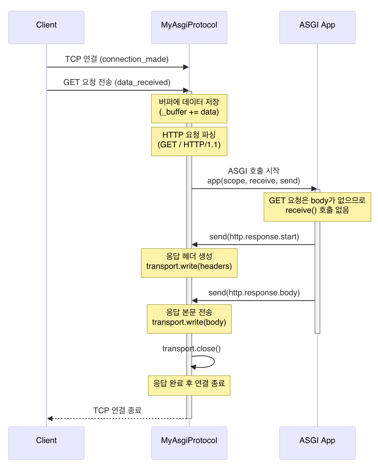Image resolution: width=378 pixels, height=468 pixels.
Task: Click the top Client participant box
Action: pyautogui.click(x=46, y=27)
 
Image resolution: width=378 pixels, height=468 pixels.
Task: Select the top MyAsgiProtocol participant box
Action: pyautogui.click(x=189, y=27)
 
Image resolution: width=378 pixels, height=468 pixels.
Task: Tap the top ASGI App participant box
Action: pyautogui.click(x=317, y=27)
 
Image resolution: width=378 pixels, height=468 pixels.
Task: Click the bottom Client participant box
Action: pyautogui.click(x=46, y=443)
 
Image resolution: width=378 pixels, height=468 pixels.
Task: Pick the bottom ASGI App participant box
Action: pyautogui.click(x=317, y=443)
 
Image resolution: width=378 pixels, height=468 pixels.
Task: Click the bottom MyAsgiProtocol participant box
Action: pyautogui.click(x=189, y=443)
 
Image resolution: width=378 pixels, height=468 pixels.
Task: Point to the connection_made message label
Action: pyautogui.click(x=117, y=59)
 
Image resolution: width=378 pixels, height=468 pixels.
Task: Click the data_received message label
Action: pyautogui.click(x=117, y=82)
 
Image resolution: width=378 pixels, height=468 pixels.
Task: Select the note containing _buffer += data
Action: pyautogui.click(x=189, y=109)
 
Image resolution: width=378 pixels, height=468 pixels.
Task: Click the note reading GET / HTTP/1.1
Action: pyautogui.click(x=189, y=141)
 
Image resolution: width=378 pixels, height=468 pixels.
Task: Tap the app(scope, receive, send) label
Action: pyautogui.click(x=254, y=181)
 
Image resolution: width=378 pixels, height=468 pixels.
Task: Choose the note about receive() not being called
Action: pyautogui.click(x=317, y=207)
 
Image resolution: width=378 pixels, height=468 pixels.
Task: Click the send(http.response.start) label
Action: pyautogui.click(x=254, y=237)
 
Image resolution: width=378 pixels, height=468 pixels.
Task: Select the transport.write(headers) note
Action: pyautogui.click(x=189, y=263)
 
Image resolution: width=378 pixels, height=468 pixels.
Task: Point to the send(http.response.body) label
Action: pyautogui.click(x=254, y=292)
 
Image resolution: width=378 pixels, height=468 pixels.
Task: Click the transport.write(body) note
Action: pyautogui.click(x=189, y=319)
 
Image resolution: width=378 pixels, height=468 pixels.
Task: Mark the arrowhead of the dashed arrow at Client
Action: pyautogui.click(x=50, y=419)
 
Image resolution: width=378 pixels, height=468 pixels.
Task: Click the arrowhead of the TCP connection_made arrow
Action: pyautogui.click(x=186, y=67)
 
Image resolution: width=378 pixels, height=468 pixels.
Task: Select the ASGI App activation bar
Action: pyautogui.click(x=317, y=277)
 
